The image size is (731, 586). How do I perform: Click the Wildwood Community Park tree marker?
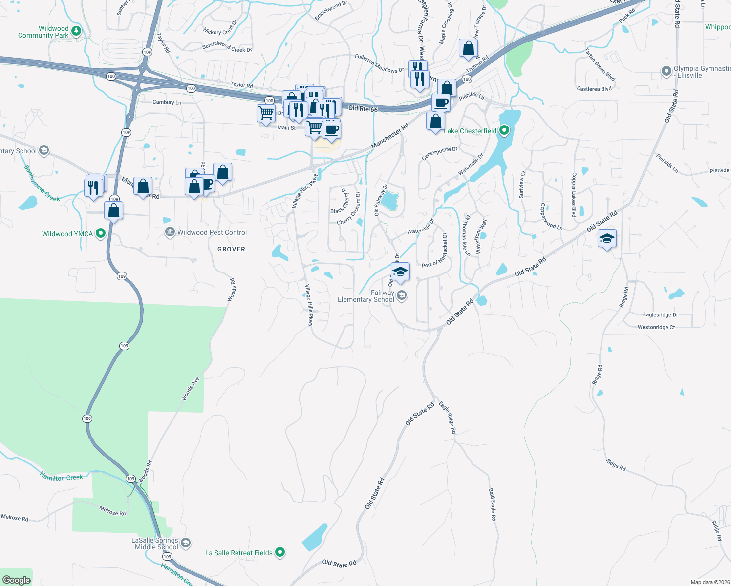click(76, 31)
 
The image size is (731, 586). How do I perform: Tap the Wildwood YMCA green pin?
click(101, 233)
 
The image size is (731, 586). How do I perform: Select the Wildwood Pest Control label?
click(212, 232)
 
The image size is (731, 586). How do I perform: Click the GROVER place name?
click(231, 249)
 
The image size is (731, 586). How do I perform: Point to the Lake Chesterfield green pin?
click(504, 130)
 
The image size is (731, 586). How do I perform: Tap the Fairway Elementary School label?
click(366, 296)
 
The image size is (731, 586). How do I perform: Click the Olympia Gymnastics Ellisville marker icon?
click(666, 71)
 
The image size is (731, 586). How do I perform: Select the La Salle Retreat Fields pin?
click(280, 552)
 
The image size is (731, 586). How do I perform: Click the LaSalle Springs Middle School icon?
click(186, 543)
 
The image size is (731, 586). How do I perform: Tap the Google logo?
click(16, 580)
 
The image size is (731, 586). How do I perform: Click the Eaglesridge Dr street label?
click(661, 315)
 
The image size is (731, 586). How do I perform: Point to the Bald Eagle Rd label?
click(493, 504)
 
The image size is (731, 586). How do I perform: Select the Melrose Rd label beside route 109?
click(112, 511)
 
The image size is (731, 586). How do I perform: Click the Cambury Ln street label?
click(167, 102)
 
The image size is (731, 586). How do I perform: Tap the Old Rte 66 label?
click(363, 109)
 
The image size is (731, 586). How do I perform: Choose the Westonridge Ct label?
click(656, 327)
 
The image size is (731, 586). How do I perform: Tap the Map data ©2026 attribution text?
click(708, 582)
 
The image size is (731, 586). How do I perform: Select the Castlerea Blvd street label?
click(594, 89)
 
